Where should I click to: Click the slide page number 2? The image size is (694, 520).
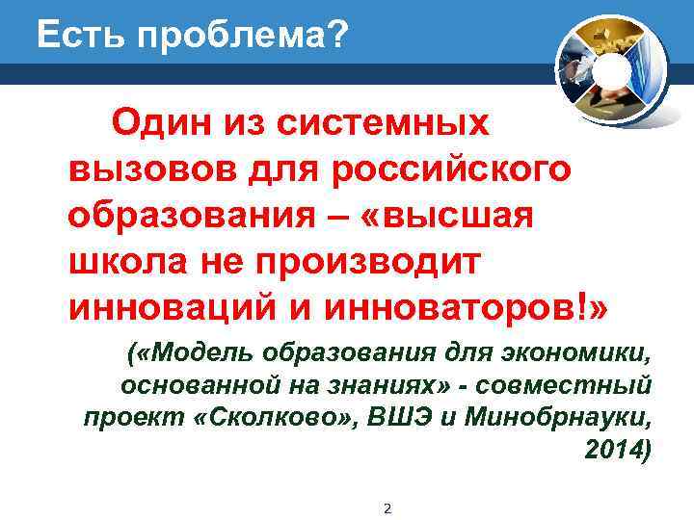387,507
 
